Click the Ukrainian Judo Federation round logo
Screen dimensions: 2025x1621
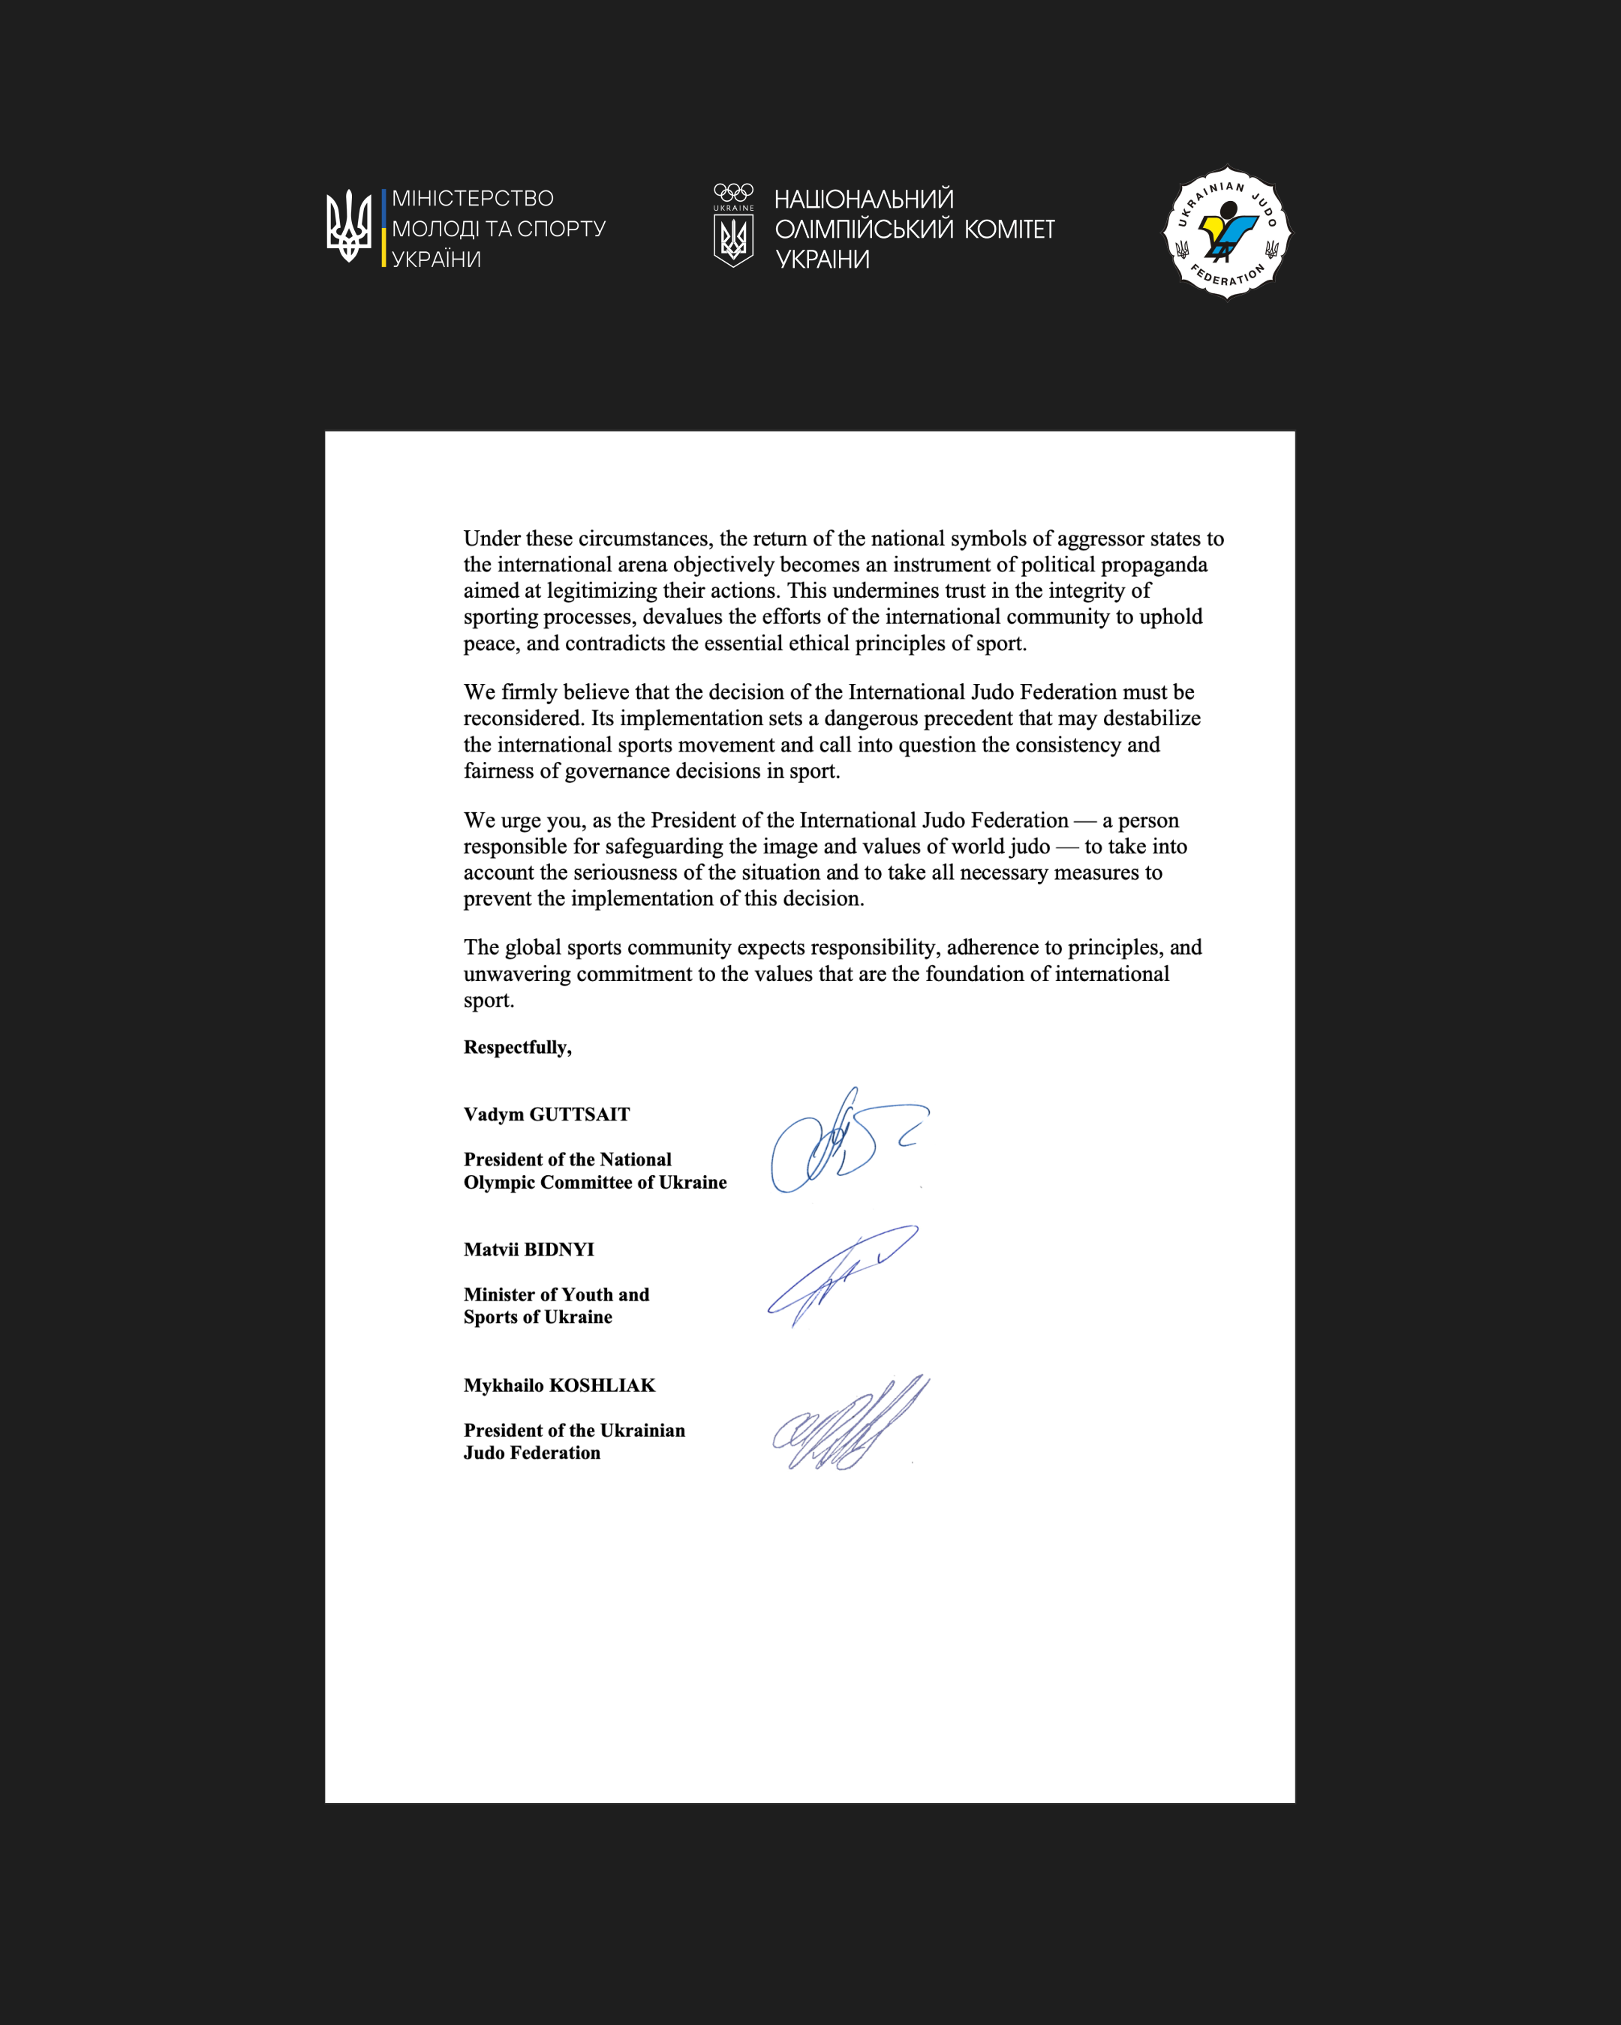pos(1227,233)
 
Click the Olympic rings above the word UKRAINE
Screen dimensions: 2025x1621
pos(733,191)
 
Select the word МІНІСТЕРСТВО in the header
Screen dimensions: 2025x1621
pos(473,199)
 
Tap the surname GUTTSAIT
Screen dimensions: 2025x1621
pos(580,1115)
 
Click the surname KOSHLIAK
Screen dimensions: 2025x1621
pos(601,1385)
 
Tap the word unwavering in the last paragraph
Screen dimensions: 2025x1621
pos(517,974)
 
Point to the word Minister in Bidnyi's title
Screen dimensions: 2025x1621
pos(499,1295)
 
